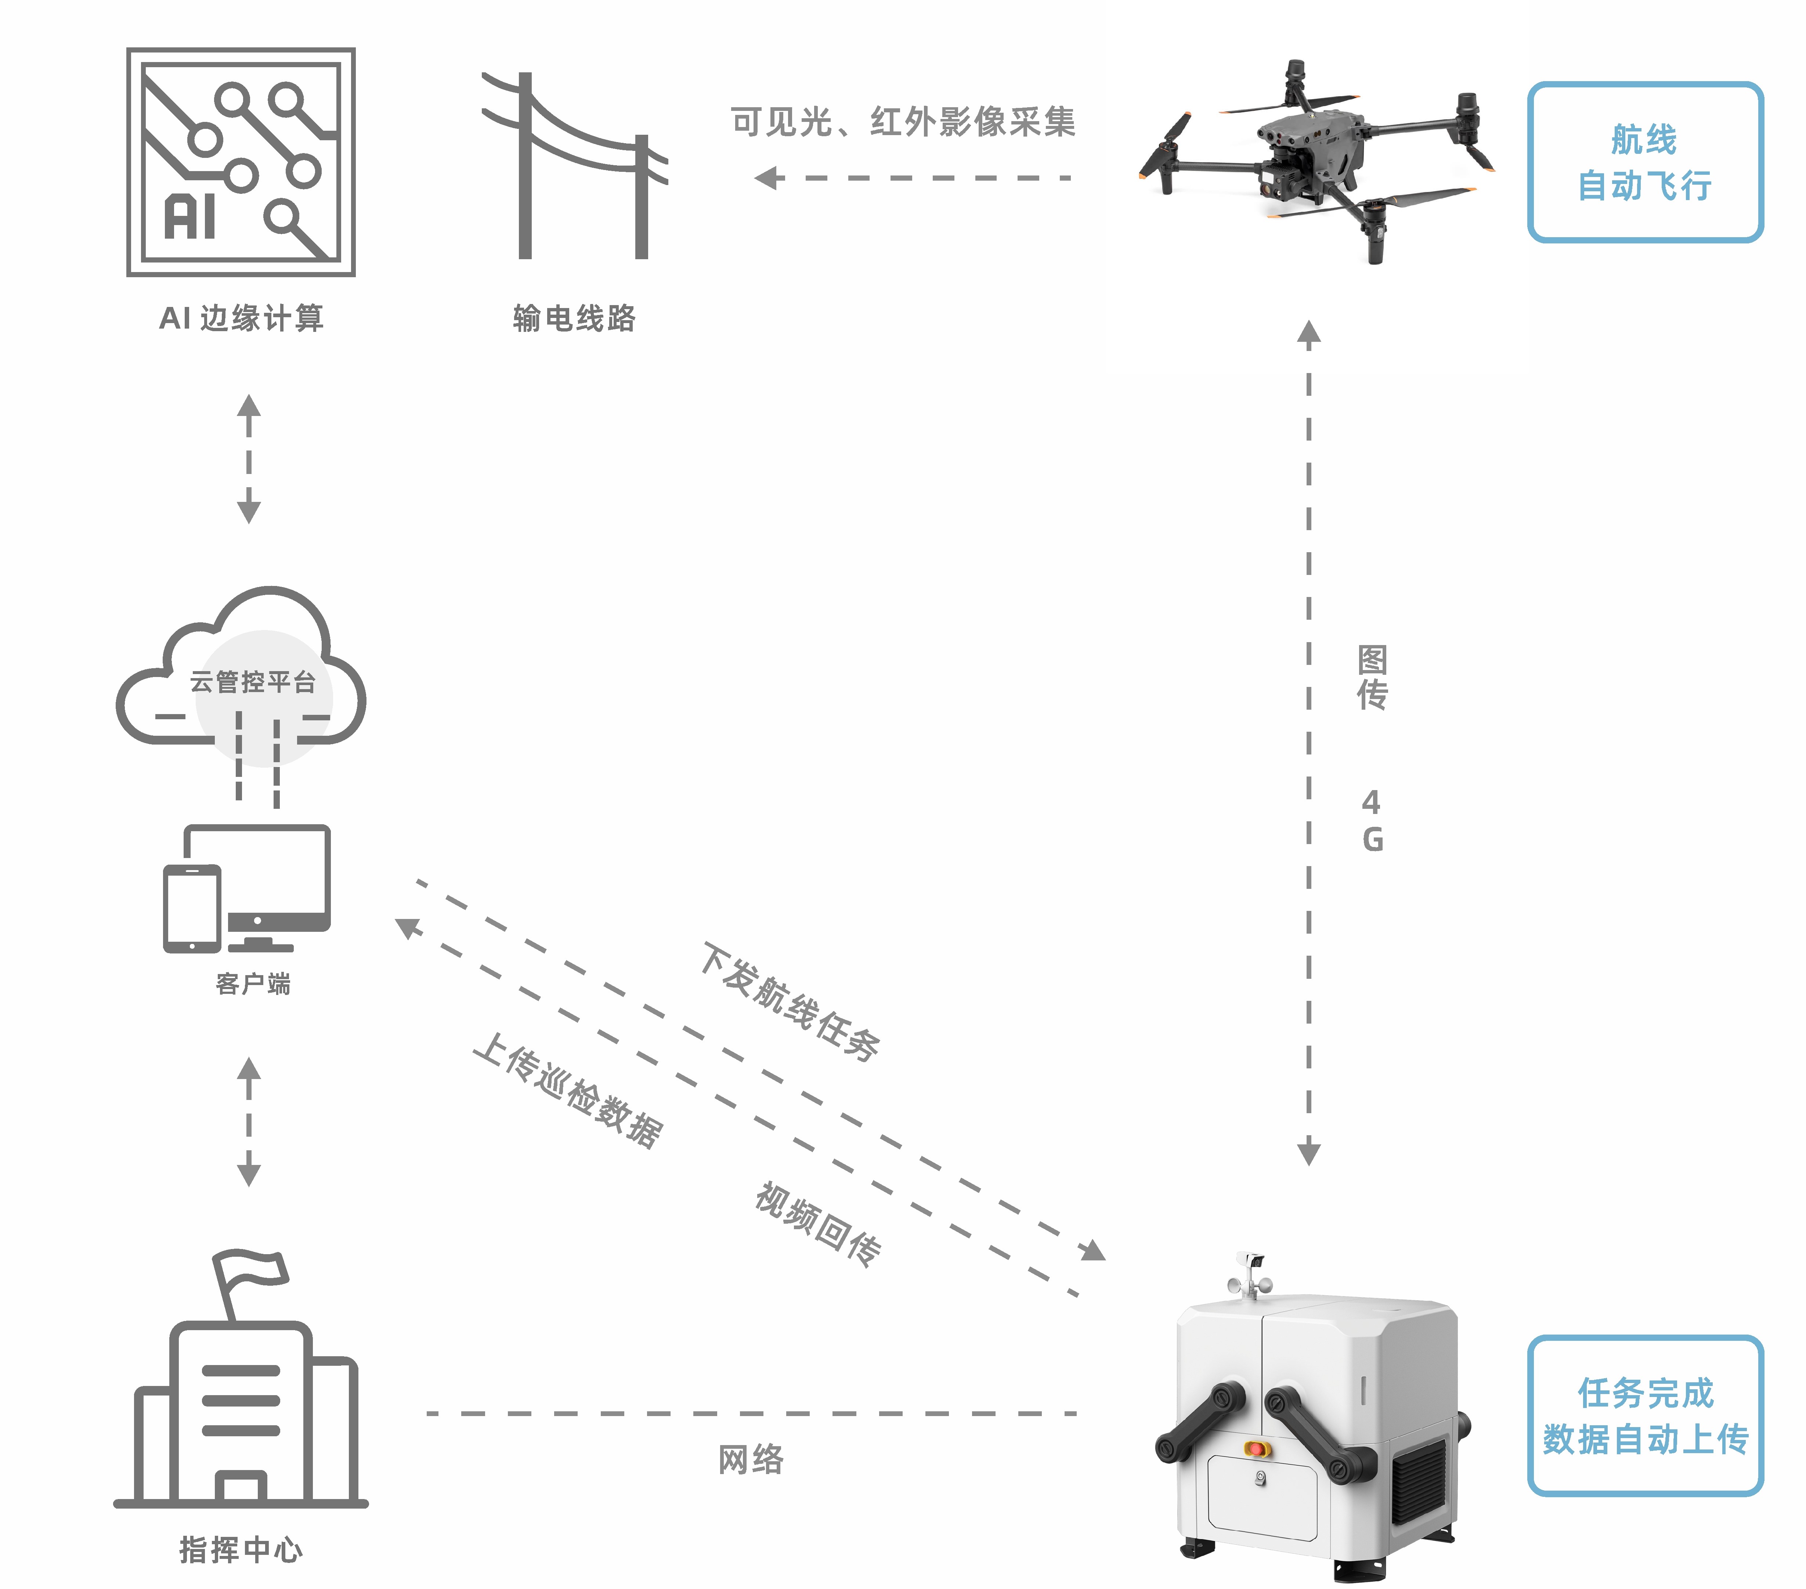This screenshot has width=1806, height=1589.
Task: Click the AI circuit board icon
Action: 240,162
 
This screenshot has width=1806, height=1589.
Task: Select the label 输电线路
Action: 574,318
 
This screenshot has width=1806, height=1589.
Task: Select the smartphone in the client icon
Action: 192,908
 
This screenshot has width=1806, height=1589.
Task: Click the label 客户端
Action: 253,983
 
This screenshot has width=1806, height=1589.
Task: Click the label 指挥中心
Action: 240,1549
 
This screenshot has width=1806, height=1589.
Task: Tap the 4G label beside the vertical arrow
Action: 1371,821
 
